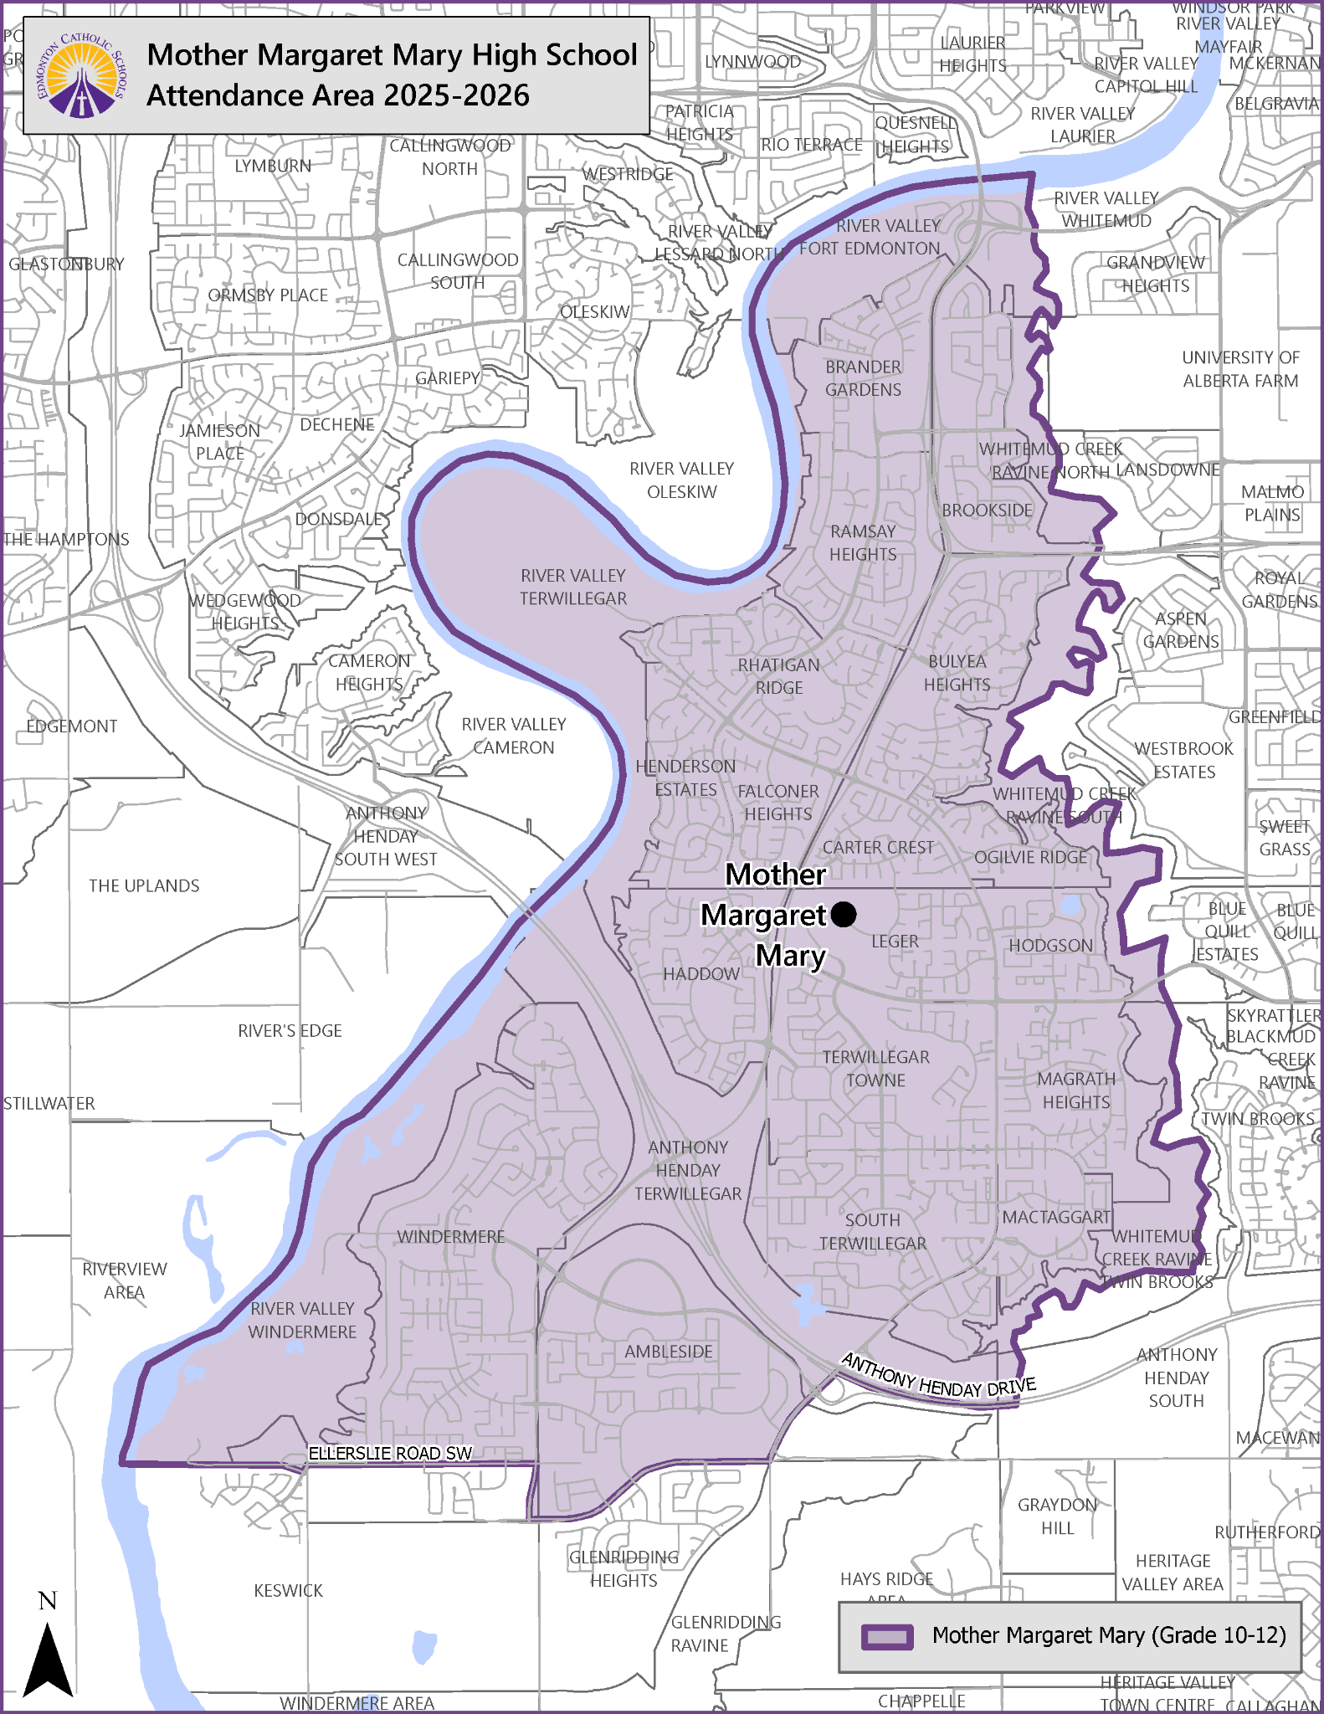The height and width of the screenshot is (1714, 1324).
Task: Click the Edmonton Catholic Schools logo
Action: tap(81, 76)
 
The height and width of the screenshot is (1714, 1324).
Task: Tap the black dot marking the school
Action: tap(844, 914)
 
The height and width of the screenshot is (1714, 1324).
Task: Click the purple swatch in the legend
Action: tap(887, 1637)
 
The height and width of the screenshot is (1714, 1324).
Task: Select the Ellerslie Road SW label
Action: tap(390, 1454)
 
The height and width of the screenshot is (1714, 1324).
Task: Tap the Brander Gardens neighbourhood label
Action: tap(863, 378)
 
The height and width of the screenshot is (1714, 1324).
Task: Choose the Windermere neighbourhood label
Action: tap(450, 1237)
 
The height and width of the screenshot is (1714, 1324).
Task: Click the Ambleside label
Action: tap(669, 1352)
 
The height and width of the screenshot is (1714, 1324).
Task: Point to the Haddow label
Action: tap(701, 974)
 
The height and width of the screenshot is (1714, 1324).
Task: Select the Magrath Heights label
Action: tap(1076, 1090)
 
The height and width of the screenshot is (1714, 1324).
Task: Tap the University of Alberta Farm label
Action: tap(1240, 369)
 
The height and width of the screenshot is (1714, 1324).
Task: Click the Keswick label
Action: tap(288, 1590)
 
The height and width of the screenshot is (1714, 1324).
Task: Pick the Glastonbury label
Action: tap(66, 264)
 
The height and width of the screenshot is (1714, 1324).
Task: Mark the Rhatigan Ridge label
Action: tap(778, 676)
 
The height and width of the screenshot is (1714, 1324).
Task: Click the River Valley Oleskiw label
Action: tap(681, 480)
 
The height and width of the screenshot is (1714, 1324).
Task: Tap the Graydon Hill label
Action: tap(1057, 1516)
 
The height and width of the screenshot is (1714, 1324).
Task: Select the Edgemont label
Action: tap(72, 726)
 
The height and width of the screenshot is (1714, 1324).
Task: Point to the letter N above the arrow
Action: tap(48, 1601)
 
